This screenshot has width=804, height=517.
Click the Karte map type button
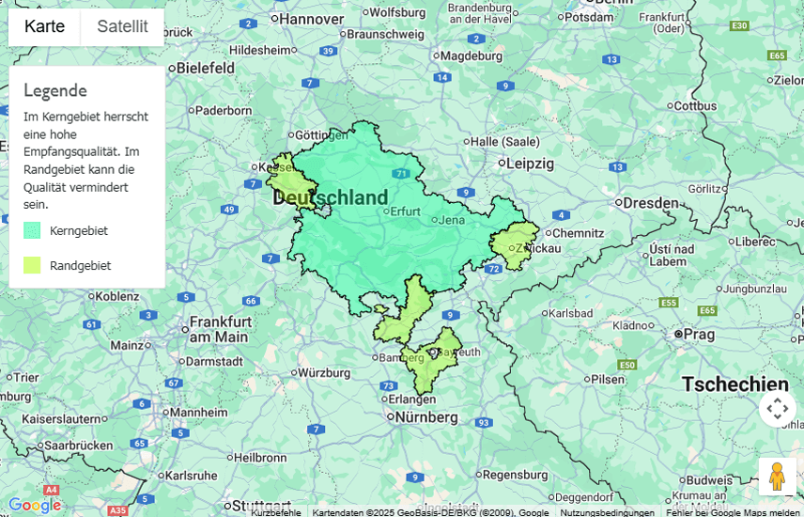coord(44,26)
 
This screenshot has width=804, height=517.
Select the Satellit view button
coord(122,26)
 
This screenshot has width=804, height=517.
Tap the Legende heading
coord(55,90)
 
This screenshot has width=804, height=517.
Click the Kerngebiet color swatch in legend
coord(32,230)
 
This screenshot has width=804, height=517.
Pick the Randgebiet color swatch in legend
coord(32,265)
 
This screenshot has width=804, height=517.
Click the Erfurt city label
coord(405,211)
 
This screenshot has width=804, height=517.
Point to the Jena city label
coord(452,220)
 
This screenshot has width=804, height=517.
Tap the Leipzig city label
coord(530,163)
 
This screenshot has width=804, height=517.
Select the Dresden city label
coord(650,202)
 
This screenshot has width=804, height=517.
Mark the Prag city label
coord(699,334)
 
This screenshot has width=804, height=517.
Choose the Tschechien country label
coord(734,384)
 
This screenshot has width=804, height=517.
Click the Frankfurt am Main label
coord(219,328)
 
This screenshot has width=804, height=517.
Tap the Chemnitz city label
coord(578,233)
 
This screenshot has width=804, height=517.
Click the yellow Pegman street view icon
coord(776,477)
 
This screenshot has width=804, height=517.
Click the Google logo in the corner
coord(34,505)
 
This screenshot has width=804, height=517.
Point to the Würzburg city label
coord(323,372)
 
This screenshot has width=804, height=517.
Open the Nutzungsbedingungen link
coord(607,512)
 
